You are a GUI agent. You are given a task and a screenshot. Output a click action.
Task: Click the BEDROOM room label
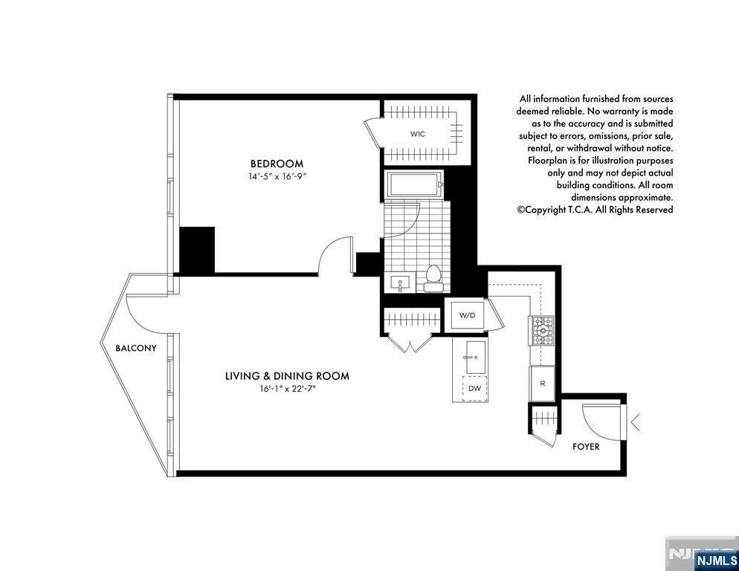point(277,164)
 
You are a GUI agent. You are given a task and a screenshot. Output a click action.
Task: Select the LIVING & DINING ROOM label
point(287,375)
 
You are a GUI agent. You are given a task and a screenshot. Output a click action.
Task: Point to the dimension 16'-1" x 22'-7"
point(287,389)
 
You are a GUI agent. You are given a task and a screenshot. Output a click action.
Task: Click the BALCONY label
point(136,348)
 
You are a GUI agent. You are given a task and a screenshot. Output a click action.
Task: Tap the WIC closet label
point(417,134)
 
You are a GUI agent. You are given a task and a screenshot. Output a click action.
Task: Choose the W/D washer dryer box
point(468,315)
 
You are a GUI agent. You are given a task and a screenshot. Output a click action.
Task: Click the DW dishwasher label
point(474,389)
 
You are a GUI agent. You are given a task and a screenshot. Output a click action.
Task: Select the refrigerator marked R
point(542,384)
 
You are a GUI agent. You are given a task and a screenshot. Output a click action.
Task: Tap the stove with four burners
point(542,331)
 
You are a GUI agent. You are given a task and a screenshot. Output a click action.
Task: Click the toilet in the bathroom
point(432,278)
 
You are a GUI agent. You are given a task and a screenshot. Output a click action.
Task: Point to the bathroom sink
point(400,283)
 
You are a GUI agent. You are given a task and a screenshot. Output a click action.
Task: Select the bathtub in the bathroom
point(415,184)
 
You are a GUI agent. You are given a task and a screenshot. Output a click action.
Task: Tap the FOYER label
point(586,447)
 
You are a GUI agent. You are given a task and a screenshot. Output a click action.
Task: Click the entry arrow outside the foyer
point(635,422)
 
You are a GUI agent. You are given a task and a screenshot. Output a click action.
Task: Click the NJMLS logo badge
point(715,561)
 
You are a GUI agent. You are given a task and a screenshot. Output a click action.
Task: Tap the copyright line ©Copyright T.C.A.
point(595,210)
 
